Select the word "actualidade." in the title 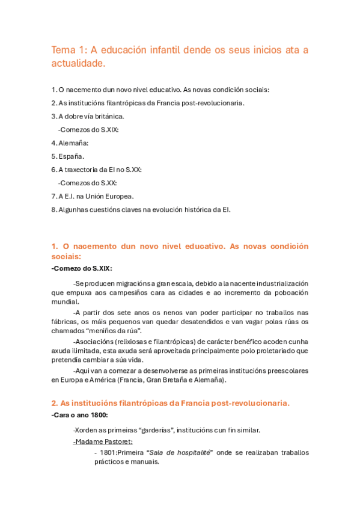point(78,63)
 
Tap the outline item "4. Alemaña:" point(70,143)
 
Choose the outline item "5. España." point(68,156)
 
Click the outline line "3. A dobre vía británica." point(88,116)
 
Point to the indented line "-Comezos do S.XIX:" point(88,130)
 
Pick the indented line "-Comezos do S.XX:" point(87,183)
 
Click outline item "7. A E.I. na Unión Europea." point(93,196)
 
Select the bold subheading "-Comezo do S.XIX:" point(82,268)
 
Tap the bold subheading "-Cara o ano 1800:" point(81,416)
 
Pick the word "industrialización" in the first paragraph point(277,283)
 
